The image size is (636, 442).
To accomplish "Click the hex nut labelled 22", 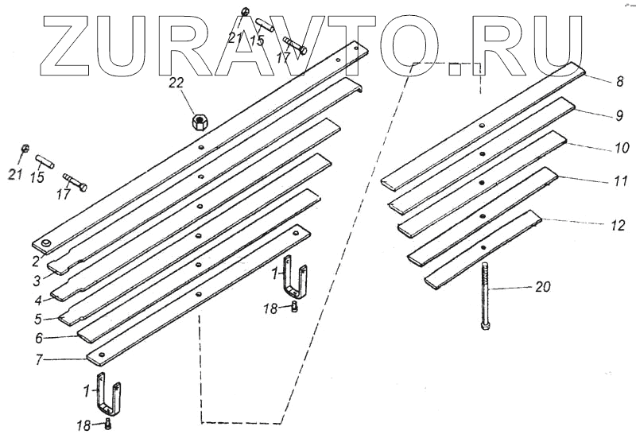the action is click(x=200, y=122).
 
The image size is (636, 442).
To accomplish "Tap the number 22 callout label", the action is click(x=176, y=83).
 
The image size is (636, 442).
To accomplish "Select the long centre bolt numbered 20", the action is click(x=485, y=297).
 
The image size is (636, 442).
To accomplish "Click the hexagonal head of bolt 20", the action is click(x=485, y=326).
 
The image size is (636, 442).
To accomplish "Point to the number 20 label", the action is click(x=543, y=287).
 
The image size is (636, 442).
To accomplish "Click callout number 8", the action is click(x=619, y=82).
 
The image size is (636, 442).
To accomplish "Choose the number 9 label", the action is click(x=619, y=115).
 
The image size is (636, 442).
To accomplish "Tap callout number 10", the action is click(x=621, y=148).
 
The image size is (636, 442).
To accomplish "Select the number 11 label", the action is click(x=621, y=180).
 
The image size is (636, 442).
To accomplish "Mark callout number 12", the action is click(x=619, y=225).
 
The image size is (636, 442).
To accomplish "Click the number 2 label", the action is click(x=36, y=262).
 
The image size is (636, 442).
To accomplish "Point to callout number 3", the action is click(x=37, y=281).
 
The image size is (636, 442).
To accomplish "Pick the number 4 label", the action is click(x=38, y=300).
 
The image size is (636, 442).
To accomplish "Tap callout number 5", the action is click(x=38, y=319).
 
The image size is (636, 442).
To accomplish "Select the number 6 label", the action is click(x=39, y=338).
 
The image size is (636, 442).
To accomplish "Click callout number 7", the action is click(x=39, y=359).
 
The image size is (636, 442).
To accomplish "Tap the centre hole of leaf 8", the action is click(x=481, y=126).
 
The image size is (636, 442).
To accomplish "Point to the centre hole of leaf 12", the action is click(x=483, y=247).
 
